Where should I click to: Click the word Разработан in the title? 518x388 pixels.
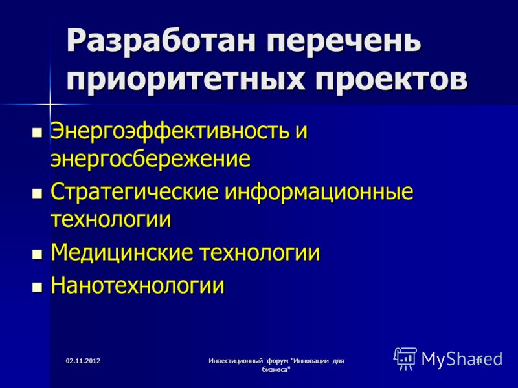(161, 41)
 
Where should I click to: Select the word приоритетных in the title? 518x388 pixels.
(185, 80)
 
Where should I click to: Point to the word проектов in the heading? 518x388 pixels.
(391, 80)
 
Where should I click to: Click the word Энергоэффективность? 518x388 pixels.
(170, 131)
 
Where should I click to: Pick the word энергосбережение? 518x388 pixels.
(150, 159)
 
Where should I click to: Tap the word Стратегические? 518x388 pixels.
(135, 192)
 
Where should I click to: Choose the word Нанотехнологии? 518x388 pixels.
(138, 285)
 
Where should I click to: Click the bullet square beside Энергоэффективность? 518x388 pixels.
(38, 133)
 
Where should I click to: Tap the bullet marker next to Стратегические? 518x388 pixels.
(38, 193)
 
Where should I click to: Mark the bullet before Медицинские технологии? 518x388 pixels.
(38, 254)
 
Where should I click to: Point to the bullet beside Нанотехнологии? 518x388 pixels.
(38, 286)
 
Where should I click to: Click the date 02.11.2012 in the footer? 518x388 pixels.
(83, 361)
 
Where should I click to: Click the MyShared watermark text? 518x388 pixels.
(462, 359)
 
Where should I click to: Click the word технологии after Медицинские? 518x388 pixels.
(260, 253)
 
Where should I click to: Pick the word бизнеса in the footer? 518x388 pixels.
(276, 370)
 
